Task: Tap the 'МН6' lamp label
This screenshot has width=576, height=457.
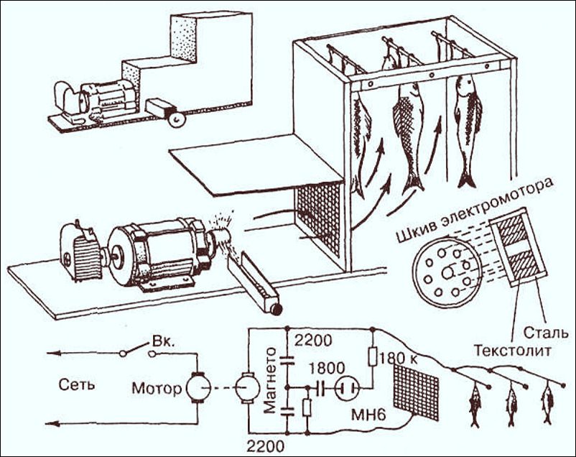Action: tap(368, 415)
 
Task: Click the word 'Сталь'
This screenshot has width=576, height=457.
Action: tap(539, 332)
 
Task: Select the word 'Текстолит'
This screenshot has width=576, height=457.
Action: tap(512, 351)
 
